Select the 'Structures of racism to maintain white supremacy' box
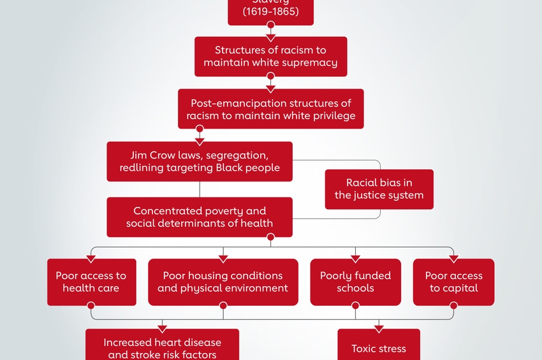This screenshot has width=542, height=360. (270, 57)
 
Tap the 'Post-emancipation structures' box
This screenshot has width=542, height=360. (270, 109)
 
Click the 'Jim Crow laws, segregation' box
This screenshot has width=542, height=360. (200, 161)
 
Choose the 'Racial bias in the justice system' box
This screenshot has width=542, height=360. (379, 189)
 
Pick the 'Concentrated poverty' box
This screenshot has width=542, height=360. (200, 217)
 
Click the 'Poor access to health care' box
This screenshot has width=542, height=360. (91, 282)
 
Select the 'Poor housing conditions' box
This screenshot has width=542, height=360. (223, 282)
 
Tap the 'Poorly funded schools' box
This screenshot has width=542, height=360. (355, 282)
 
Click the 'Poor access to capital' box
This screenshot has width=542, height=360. (453, 282)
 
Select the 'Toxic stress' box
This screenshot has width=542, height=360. (379, 348)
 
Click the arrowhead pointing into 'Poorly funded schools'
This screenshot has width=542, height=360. (355, 258)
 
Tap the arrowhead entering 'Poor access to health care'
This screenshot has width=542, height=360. (91, 258)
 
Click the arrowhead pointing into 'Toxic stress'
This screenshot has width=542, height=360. (379, 329)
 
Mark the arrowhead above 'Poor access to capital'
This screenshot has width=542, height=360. (453, 258)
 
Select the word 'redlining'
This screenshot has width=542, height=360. (142, 168)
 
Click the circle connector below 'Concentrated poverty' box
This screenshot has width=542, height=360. (270, 237)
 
